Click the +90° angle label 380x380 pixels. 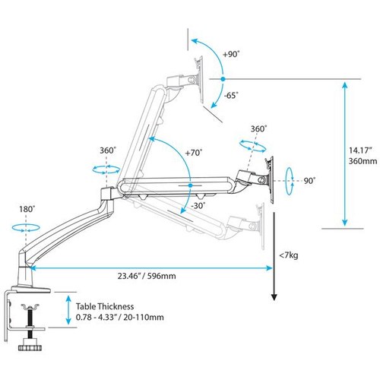coord(232,54)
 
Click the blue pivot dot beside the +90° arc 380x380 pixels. coord(222,78)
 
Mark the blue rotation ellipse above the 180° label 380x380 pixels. coord(27,226)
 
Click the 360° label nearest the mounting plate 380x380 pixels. coord(258,129)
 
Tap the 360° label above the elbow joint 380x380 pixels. coord(107,150)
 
